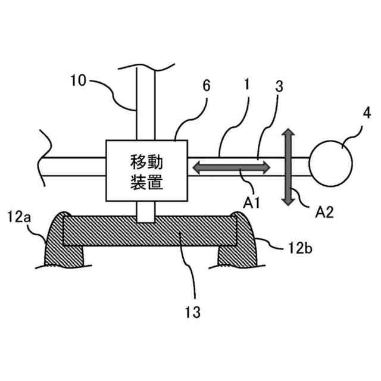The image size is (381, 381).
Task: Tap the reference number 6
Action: coord(206,86)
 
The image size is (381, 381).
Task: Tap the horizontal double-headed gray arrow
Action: coord(229,168)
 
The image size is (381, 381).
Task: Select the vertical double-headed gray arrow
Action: coord(288,167)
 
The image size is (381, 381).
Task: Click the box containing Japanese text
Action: coord(147,171)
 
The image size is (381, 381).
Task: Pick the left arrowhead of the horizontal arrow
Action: coord(195,168)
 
